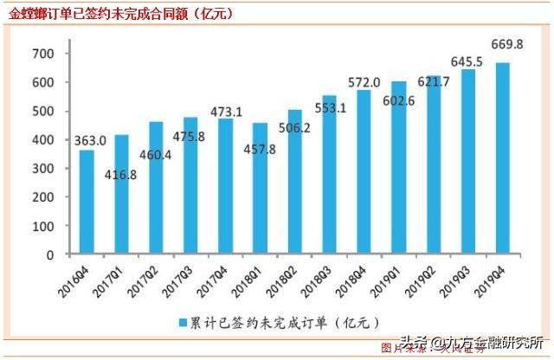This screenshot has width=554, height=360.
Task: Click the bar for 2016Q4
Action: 87,202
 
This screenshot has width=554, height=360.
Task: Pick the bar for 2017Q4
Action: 225,186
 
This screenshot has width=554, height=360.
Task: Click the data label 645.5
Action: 469,61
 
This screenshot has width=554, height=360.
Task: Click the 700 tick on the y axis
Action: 43,54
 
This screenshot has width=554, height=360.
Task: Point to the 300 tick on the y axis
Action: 43,169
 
